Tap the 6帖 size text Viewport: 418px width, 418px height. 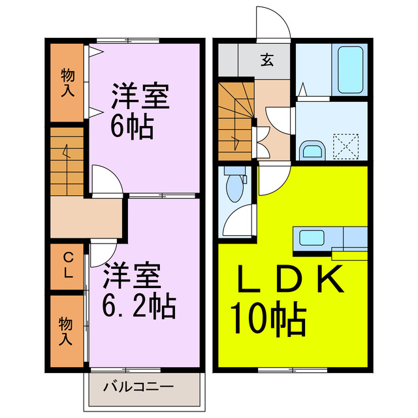point(133,126)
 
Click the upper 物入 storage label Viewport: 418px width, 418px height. point(67,82)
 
